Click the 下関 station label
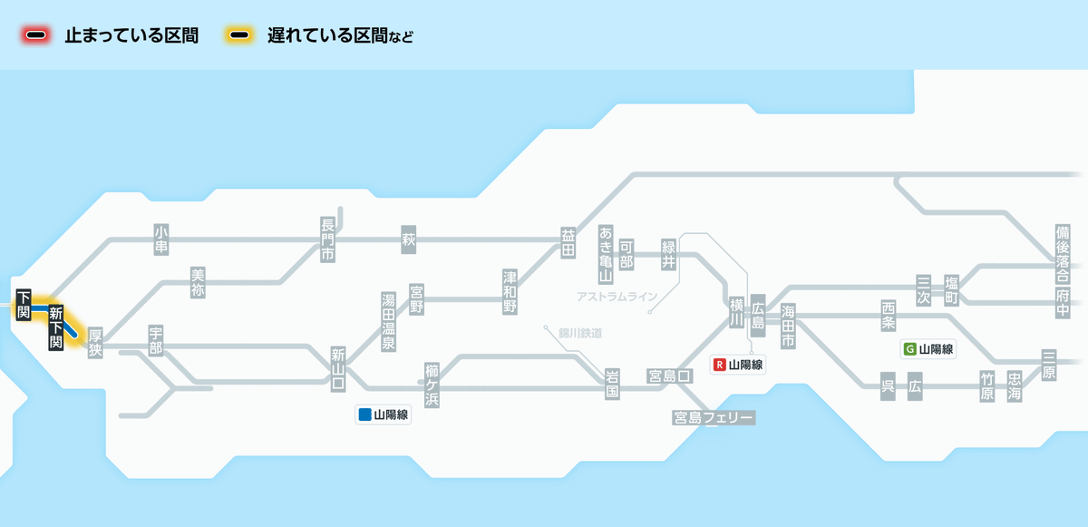click(24, 305)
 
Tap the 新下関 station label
click(55, 327)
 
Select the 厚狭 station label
click(95, 343)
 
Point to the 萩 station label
click(408, 239)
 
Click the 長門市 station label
click(327, 239)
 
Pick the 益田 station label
click(568, 242)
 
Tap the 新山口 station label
click(337, 368)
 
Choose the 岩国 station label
click(613, 383)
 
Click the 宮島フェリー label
click(713, 417)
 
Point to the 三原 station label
click(1049, 364)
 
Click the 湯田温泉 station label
click(388, 321)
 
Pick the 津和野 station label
click(510, 290)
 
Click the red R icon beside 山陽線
click(720, 365)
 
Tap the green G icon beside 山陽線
click(910, 348)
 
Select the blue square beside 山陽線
click(365, 415)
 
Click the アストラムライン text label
click(617, 297)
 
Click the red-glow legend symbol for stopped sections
click(36, 35)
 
